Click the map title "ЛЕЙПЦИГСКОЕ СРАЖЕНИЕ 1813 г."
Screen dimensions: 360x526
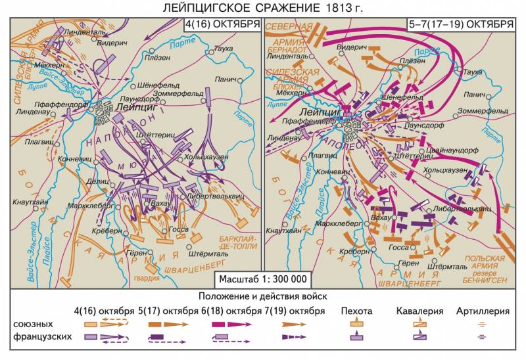pyautogui.click(x=263, y=8)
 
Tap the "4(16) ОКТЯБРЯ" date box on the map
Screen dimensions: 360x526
pyautogui.click(x=222, y=25)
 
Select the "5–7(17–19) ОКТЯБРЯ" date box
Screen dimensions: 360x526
pyautogui.click(x=460, y=25)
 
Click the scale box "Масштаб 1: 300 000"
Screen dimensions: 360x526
pyautogui.click(x=263, y=279)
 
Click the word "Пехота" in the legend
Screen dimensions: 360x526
pyautogui.click(x=357, y=310)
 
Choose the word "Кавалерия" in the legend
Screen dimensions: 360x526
pyautogui.click(x=419, y=310)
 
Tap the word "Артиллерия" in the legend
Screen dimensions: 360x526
pyautogui.click(x=483, y=310)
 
